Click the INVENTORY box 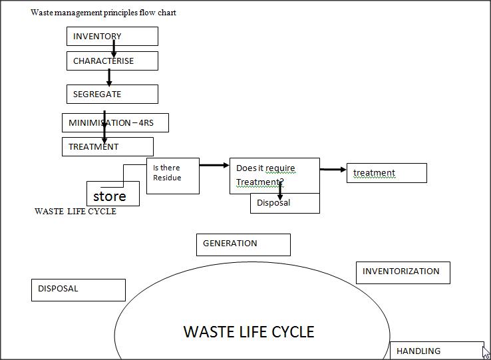pyautogui.click(x=112, y=36)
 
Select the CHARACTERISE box pyautogui.click(x=112, y=61)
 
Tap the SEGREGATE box pyautogui.click(x=112, y=94)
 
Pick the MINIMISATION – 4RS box pyautogui.click(x=115, y=122)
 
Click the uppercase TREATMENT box pyautogui.click(x=107, y=146)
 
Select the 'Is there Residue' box pyautogui.click(x=172, y=176)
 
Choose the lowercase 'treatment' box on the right pyautogui.click(x=386, y=173)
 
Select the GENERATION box pyautogui.click(x=243, y=244)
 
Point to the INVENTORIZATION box pyautogui.click(x=403, y=272)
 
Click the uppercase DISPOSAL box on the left pyautogui.click(x=78, y=289)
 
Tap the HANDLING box pyautogui.click(x=436, y=351)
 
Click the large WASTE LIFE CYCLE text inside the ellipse pyautogui.click(x=248, y=331)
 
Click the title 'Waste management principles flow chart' pyautogui.click(x=103, y=13)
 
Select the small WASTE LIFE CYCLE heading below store pyautogui.click(x=75, y=212)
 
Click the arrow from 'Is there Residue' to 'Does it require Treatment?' pyautogui.click(x=214, y=165)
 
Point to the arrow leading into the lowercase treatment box pyautogui.click(x=333, y=170)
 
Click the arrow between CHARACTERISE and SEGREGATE pyautogui.click(x=109, y=77)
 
